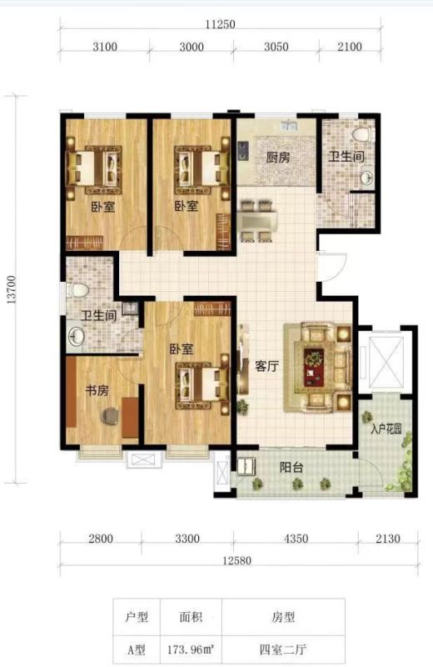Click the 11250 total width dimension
coord(220,24)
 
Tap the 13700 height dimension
coord(11,289)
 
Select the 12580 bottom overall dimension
coord(236,560)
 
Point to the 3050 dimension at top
coord(276,47)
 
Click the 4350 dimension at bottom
coord(296,539)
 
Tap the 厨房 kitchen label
coord(278,158)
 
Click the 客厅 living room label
coord(266,366)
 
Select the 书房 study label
coord(97,390)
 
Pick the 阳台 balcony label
coord(291,468)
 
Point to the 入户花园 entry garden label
coord(386,429)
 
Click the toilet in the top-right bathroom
coord(361,134)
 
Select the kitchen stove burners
coord(242,151)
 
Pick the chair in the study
coord(111,416)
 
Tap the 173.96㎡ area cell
coord(191,649)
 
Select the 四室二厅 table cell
coord(283,649)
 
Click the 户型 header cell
coord(137,616)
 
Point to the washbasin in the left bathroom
coord(77,337)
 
